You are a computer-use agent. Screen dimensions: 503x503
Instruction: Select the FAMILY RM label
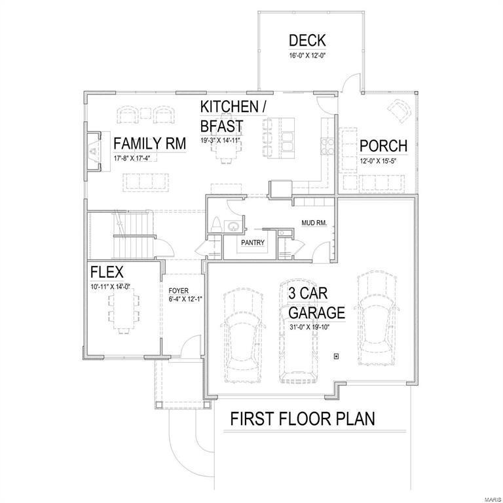click(x=150, y=143)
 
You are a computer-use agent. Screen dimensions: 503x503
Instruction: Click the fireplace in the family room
click(x=93, y=151)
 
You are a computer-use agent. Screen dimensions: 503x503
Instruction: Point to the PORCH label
click(x=383, y=145)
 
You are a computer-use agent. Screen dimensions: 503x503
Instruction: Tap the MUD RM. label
click(x=314, y=223)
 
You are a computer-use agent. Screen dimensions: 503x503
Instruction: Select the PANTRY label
click(x=252, y=243)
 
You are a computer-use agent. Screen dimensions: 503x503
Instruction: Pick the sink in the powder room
click(x=234, y=227)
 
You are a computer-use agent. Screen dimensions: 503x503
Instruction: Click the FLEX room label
click(x=107, y=272)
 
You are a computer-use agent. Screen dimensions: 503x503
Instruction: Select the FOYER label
click(x=179, y=289)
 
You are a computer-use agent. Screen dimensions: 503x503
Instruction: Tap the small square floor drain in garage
click(x=336, y=356)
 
